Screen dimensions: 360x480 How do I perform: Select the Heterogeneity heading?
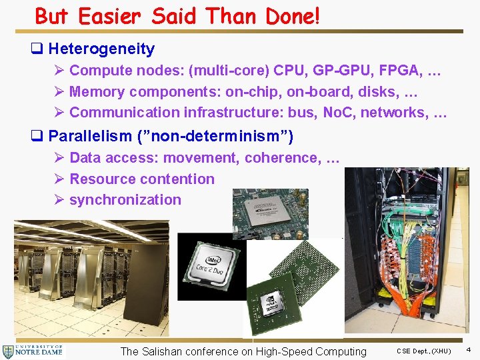coord(101,49)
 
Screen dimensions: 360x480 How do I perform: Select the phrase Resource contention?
coord(142,179)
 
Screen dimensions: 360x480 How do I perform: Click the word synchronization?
coord(125,199)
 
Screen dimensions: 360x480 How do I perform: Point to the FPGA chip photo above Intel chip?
coord(270,214)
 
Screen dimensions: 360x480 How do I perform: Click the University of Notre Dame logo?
coord(33,351)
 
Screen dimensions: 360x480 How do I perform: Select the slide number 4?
coord(468,349)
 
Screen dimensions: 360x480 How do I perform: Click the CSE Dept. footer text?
coord(424,351)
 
